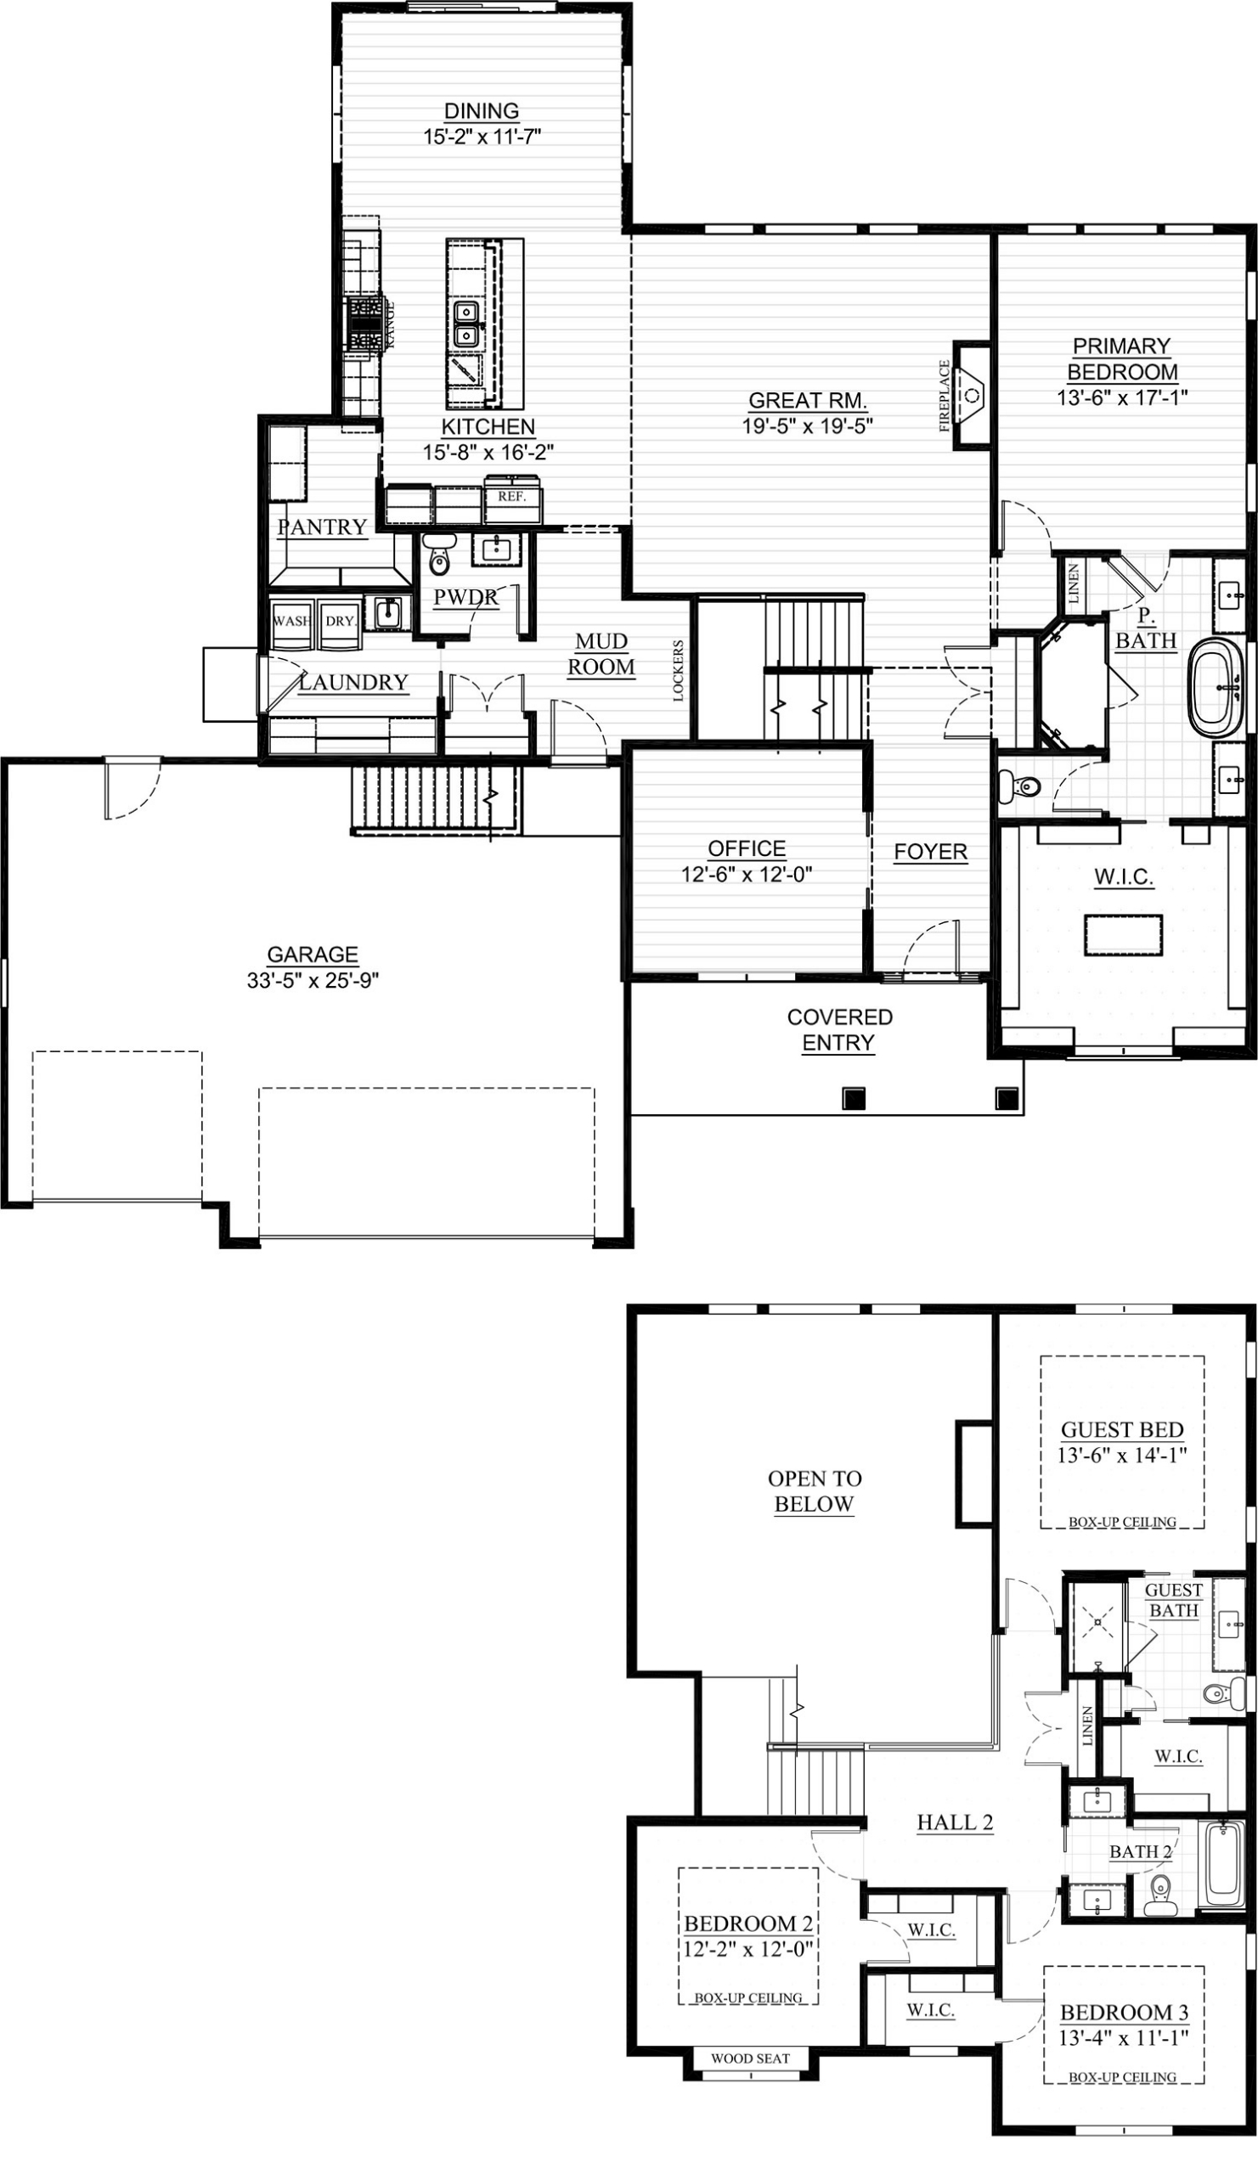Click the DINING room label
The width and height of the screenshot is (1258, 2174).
click(482, 111)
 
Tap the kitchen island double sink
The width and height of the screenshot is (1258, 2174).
click(467, 323)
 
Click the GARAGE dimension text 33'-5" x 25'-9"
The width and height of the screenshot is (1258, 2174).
click(313, 981)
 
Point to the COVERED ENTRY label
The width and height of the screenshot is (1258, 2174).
click(838, 1030)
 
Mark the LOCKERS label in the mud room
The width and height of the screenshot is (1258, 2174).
click(678, 670)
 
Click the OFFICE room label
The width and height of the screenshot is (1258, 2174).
click(747, 849)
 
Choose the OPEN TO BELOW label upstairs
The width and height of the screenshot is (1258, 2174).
click(815, 1490)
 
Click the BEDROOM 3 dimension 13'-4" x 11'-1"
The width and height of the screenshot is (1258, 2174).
click(1125, 2039)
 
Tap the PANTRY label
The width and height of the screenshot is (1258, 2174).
click(322, 527)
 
